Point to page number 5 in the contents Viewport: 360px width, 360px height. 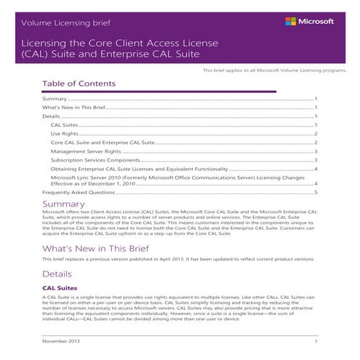coord(316,193)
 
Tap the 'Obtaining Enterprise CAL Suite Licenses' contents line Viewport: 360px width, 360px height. coord(128,169)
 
